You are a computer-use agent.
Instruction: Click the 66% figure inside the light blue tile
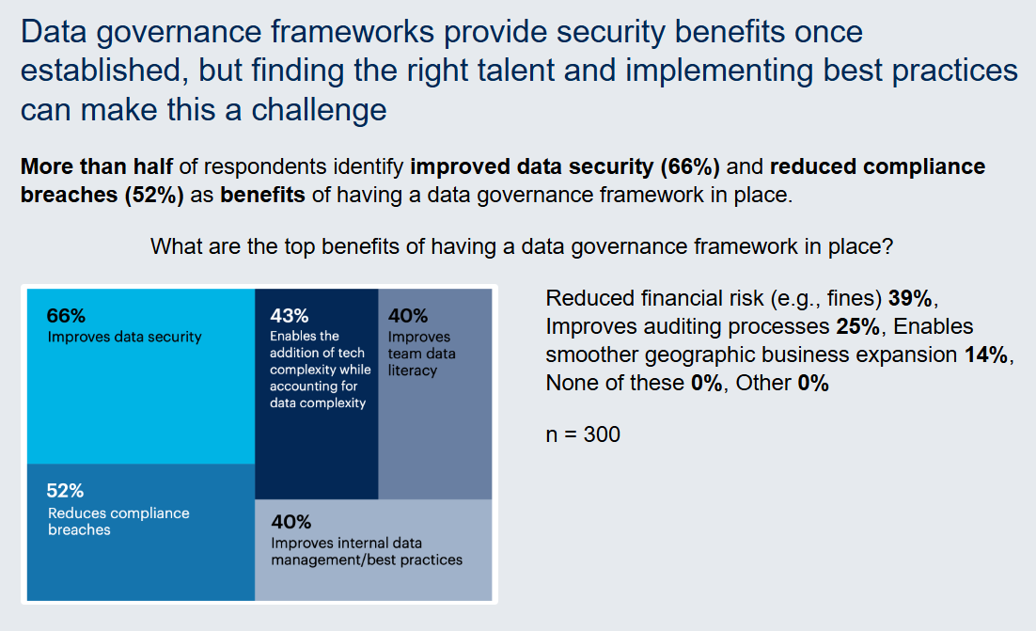[x=66, y=316]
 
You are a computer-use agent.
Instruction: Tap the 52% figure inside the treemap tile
[x=66, y=490]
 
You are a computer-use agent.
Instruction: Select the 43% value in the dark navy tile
[x=289, y=316]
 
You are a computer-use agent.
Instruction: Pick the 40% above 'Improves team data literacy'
[x=407, y=316]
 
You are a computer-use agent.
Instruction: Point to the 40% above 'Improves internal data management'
[x=290, y=522]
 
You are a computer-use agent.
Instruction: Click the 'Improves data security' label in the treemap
[x=124, y=337]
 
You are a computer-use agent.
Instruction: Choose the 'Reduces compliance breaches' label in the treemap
[x=118, y=521]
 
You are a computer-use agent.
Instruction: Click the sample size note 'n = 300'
[x=583, y=434]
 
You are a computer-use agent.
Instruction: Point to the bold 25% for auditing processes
[x=856, y=326]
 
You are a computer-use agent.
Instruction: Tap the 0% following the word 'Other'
[x=812, y=383]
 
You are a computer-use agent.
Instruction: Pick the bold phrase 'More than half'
[x=96, y=166]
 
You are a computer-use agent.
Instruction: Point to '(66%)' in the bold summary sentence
[x=690, y=166]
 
